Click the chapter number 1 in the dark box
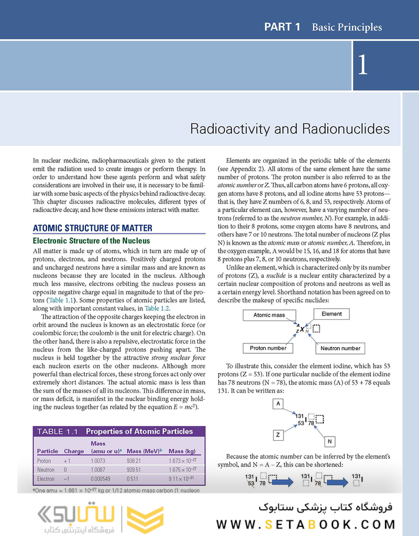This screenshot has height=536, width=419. [363, 65]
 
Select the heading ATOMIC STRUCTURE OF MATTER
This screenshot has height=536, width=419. [93, 228]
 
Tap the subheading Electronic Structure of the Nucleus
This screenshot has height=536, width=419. [91, 241]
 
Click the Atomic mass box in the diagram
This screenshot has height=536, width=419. [269, 315]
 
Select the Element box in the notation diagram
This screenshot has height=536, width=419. [332, 314]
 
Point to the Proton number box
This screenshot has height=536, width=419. [268, 348]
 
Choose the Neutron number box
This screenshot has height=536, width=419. [340, 348]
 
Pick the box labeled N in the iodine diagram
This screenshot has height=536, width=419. [330, 441]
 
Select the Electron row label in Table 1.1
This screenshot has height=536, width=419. [46, 478]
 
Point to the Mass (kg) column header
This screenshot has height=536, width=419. [183, 451]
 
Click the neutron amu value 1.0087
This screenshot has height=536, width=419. [98, 470]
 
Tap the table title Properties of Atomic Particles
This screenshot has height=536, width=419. [139, 431]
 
